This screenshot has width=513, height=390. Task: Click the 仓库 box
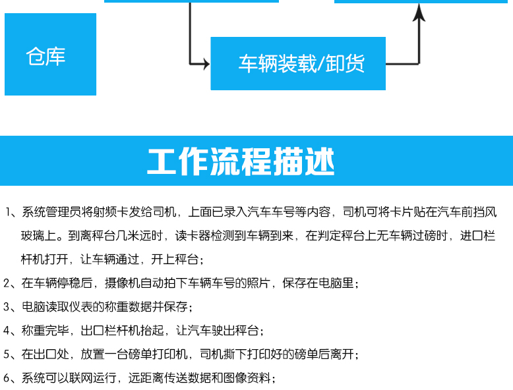click(50, 54)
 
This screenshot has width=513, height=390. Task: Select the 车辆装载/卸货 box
click(298, 63)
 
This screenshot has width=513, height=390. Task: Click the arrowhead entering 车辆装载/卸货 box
click(206, 64)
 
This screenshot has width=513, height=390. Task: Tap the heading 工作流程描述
click(241, 161)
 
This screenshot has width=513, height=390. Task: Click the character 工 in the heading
click(162, 161)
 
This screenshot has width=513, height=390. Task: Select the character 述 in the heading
click(319, 161)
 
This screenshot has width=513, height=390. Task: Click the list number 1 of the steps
click(8, 212)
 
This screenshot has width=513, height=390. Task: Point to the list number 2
click(7, 283)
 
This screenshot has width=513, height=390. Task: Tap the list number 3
click(7, 306)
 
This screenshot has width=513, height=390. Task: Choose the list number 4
click(7, 331)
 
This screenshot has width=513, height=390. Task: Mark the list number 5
click(7, 354)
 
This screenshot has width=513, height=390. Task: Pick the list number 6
click(7, 378)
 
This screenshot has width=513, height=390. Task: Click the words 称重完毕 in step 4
click(45, 331)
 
